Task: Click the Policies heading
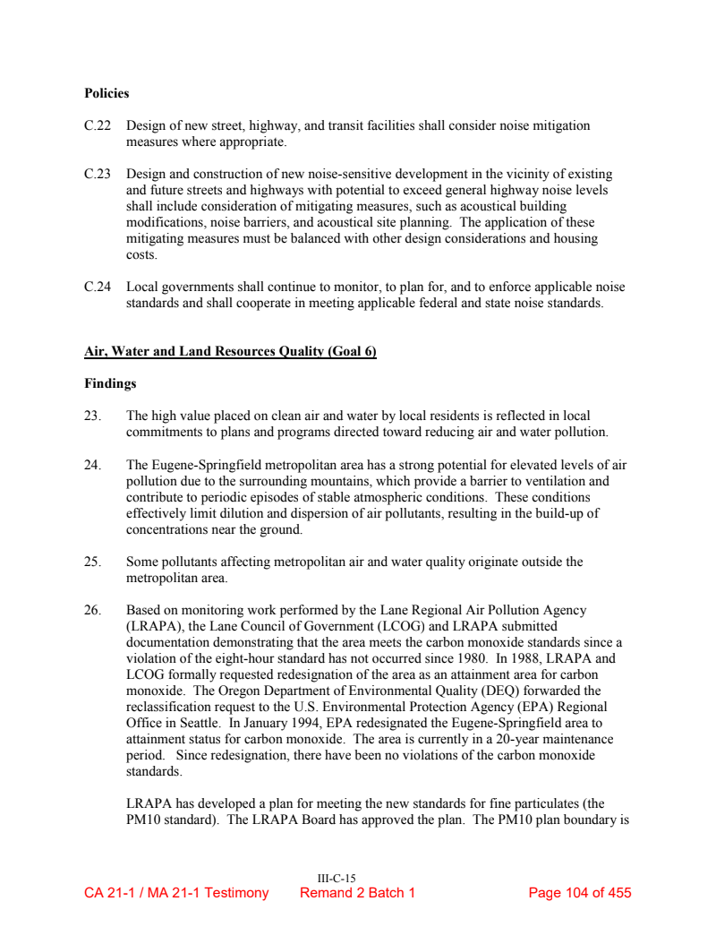[x=107, y=93]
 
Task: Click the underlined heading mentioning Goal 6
[x=230, y=352]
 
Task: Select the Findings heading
[x=110, y=383]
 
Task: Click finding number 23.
[x=92, y=416]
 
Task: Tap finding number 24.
[x=92, y=465]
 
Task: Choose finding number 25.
[x=92, y=562]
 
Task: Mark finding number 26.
[x=92, y=610]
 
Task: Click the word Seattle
[x=196, y=723]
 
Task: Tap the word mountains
[x=329, y=481]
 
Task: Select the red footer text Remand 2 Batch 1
[x=357, y=893]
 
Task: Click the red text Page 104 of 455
[x=580, y=893]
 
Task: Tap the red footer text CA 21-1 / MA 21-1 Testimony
[x=176, y=893]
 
